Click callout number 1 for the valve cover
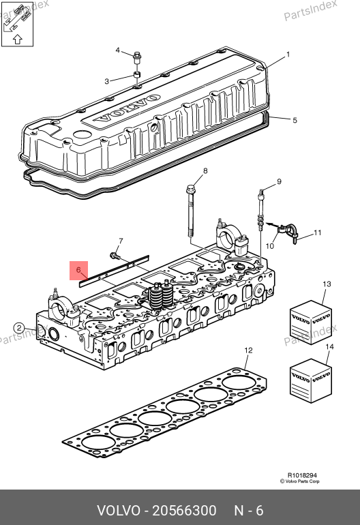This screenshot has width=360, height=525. point(288,55)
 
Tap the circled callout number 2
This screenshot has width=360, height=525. point(19,328)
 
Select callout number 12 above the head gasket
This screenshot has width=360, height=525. point(248,350)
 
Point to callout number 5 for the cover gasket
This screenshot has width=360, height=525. point(295,120)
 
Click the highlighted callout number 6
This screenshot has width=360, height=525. point(78,270)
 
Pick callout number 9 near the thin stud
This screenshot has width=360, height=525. point(279,181)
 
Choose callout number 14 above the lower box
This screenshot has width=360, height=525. point(329,346)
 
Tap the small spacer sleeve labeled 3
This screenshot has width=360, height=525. point(136,74)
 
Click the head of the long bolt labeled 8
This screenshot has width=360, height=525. point(190,188)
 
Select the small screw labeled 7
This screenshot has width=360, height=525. point(114,256)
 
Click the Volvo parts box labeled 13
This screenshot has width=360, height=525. point(311,322)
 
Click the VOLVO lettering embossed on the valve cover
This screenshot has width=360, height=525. point(127,108)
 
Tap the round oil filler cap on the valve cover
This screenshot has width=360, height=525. point(82,134)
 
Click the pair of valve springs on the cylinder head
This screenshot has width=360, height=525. point(161,295)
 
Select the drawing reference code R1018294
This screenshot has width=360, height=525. point(302,475)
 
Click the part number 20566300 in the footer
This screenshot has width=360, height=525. point(185,511)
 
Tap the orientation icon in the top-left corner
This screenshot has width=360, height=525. point(18,24)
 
